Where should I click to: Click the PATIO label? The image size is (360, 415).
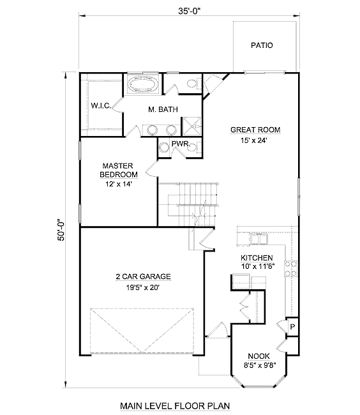262,45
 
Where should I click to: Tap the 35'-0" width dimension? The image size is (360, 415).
189,11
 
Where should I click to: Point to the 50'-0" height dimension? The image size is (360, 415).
61,229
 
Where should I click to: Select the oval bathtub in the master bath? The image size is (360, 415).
143,84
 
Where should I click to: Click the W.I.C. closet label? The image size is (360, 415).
101,105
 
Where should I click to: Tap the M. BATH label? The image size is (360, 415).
163,109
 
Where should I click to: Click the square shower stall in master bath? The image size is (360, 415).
191,126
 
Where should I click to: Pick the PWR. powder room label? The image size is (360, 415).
181,144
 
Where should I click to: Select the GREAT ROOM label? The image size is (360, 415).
255,130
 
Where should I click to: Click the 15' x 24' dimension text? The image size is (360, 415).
253,140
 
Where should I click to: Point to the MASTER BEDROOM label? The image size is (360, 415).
119,170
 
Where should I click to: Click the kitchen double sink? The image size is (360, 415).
259,239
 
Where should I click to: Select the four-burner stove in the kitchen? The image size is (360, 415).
290,269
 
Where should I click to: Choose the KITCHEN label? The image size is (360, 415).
257,258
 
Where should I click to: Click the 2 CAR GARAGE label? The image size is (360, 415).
143,276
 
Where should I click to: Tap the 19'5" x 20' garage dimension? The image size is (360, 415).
143,287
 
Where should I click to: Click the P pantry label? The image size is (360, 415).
292,327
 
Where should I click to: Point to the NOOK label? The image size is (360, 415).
259,356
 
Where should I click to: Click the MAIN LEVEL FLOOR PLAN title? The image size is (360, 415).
175,405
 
